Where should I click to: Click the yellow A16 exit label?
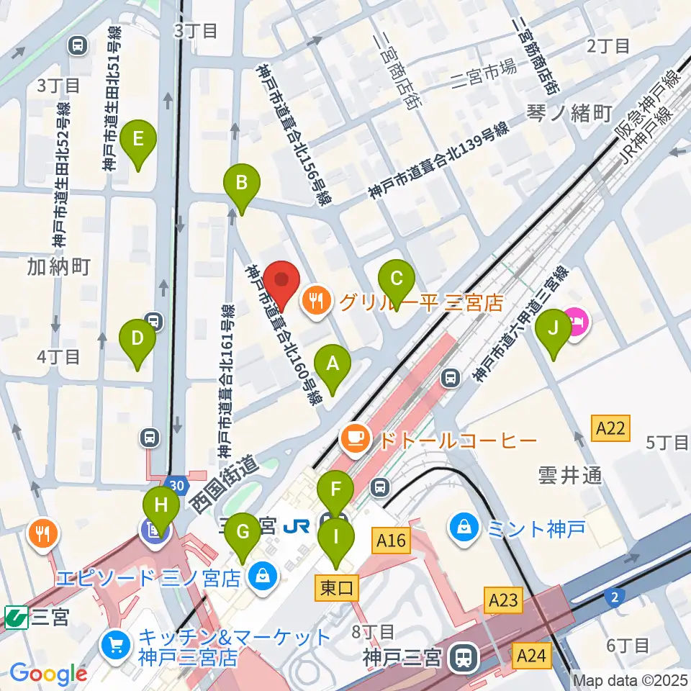pyautogui.click(x=391, y=540)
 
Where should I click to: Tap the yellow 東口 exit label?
pyautogui.click(x=336, y=588)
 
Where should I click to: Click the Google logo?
pyautogui.click(x=49, y=674)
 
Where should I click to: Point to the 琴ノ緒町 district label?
pyautogui.click(x=568, y=114)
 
